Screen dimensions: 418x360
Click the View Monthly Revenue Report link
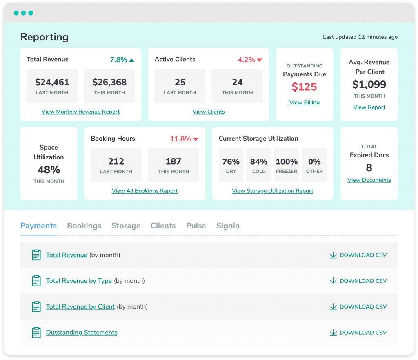click(x=80, y=112)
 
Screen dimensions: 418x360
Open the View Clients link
click(x=209, y=112)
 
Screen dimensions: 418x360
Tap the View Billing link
click(x=305, y=102)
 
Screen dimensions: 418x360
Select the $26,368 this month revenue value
click(x=109, y=82)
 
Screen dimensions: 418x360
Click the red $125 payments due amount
click(x=304, y=87)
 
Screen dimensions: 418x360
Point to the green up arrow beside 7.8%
click(x=131, y=60)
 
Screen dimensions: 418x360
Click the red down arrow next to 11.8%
click(x=196, y=139)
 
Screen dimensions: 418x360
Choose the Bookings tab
click(x=84, y=226)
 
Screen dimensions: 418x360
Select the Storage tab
click(x=126, y=226)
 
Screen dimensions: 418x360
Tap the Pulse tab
click(x=196, y=226)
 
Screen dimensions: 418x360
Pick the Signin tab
click(x=228, y=226)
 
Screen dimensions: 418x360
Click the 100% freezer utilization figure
click(x=287, y=162)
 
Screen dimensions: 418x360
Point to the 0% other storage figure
click(x=314, y=162)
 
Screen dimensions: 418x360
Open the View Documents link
click(x=369, y=180)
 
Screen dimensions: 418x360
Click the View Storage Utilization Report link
click(x=272, y=191)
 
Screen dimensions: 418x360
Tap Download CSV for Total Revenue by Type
click(x=358, y=281)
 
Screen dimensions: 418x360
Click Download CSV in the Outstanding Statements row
click(x=358, y=333)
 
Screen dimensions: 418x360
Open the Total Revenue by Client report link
click(x=80, y=306)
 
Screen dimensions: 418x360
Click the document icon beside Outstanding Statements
click(x=36, y=333)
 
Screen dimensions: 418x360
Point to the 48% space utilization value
click(x=49, y=170)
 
